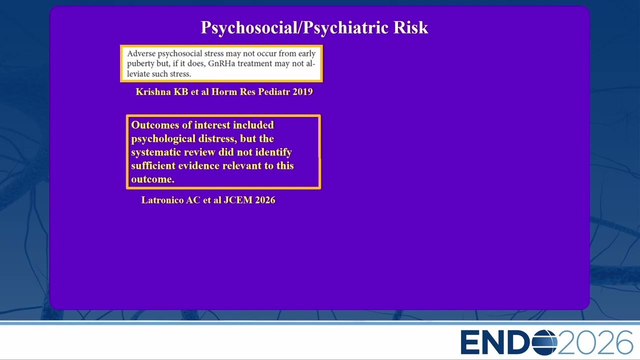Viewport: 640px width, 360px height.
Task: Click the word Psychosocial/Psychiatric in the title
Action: point(295,27)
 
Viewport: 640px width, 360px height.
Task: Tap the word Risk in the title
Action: point(411,27)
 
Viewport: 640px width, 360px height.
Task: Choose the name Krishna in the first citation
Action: point(153,91)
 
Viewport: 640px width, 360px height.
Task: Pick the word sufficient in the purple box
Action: point(153,165)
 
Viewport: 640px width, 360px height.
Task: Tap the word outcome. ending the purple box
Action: point(153,179)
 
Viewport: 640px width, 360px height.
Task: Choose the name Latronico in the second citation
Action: point(162,200)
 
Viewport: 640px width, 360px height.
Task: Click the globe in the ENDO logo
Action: point(545,342)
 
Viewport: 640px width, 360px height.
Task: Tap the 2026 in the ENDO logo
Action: point(595,342)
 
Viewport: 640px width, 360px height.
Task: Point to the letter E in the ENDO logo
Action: point(470,342)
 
